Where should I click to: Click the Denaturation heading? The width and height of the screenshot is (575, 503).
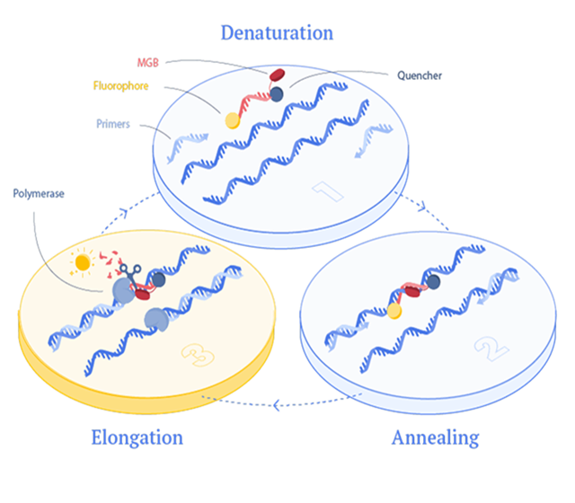click(277, 32)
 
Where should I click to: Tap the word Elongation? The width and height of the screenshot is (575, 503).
click(137, 437)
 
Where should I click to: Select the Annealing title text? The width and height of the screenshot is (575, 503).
click(435, 437)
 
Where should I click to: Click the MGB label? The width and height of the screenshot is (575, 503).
click(147, 63)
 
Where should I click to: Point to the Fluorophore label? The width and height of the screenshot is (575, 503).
click(120, 86)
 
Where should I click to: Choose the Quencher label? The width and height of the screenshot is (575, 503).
click(420, 75)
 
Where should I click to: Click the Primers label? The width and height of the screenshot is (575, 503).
click(113, 124)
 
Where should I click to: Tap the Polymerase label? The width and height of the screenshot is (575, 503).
click(39, 194)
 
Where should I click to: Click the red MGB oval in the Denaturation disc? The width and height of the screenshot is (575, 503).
click(278, 75)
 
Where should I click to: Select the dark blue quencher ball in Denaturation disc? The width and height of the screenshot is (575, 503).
click(277, 94)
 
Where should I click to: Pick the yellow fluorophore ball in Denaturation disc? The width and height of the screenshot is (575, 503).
click(233, 120)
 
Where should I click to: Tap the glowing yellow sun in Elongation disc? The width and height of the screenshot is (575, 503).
click(83, 262)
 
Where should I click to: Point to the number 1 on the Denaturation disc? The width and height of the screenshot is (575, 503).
click(327, 190)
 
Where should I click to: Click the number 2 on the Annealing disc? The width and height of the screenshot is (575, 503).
click(491, 349)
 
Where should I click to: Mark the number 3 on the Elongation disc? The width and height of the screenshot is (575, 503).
click(198, 355)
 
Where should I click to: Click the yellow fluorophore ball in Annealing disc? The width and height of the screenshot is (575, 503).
click(394, 312)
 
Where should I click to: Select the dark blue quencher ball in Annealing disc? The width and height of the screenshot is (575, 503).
click(433, 282)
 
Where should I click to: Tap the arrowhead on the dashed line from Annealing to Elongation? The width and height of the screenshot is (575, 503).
click(277, 405)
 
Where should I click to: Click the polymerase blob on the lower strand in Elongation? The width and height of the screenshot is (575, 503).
click(156, 320)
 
